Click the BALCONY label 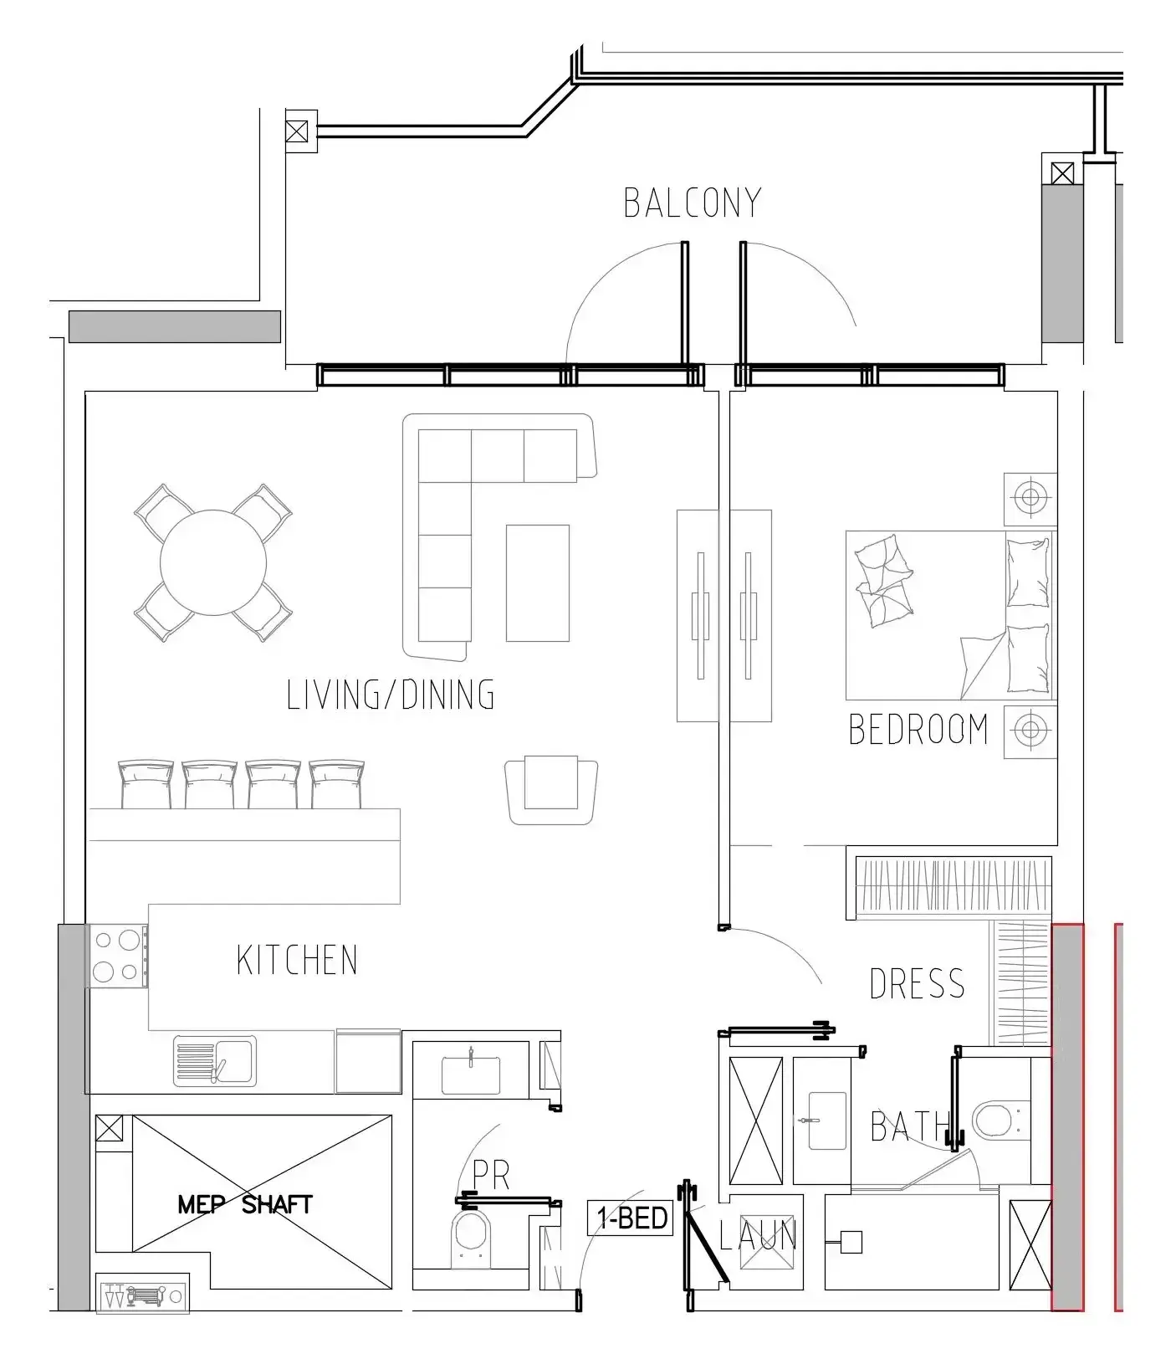pos(693,203)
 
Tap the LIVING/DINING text pos(391,695)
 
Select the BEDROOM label pos(918,729)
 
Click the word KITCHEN pos(297,960)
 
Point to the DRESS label pos(918,983)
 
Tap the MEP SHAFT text pos(245,1204)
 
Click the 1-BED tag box pos(631,1218)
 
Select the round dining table pos(213,562)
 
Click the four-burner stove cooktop pos(116,956)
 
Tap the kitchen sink pos(215,1062)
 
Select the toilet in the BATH pos(995,1120)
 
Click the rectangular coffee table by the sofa pos(538,582)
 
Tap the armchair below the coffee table pos(552,791)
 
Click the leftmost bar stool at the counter pos(146,784)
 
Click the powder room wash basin pos(471,1074)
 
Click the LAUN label pos(758,1235)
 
